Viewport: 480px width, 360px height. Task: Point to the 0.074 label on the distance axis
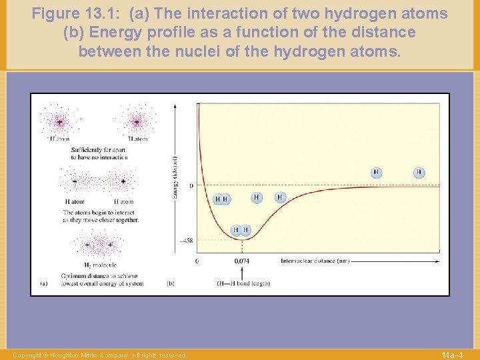(242, 261)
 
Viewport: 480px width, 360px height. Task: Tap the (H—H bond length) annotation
(243, 283)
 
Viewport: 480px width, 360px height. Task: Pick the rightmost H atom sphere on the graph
(419, 173)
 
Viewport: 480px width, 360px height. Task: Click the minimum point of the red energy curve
(241, 239)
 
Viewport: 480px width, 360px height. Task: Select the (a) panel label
(43, 283)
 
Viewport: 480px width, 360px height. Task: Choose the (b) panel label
(170, 283)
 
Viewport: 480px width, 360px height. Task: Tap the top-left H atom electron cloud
(59, 122)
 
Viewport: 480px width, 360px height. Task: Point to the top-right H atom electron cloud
(137, 122)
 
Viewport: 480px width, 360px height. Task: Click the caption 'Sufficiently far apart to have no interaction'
(98, 153)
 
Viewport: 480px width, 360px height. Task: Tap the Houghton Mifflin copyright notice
(100, 355)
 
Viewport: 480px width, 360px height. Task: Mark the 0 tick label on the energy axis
(191, 185)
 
